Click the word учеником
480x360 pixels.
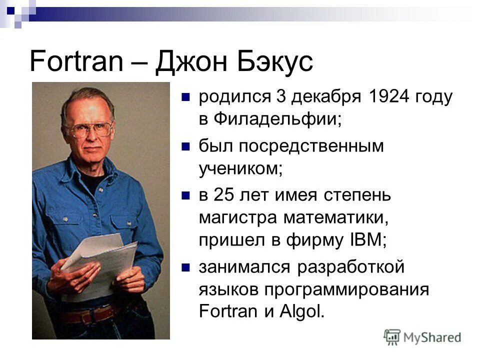point(241,168)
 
